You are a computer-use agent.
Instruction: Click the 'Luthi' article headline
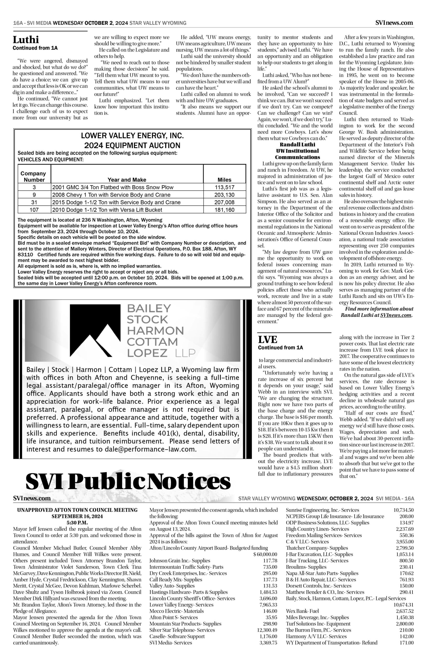click(26, 40)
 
